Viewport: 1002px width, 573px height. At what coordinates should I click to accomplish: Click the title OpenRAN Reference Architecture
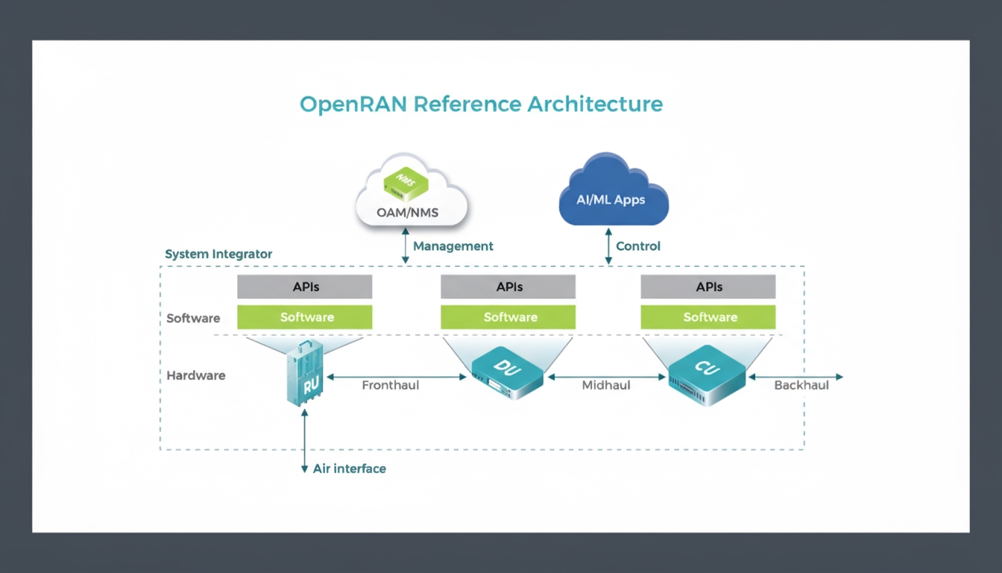481,104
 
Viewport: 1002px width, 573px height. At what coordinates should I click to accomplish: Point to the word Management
453,246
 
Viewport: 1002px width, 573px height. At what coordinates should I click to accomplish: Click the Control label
638,246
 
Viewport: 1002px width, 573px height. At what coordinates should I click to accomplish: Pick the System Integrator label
218,254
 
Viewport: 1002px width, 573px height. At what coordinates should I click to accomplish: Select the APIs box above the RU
304,286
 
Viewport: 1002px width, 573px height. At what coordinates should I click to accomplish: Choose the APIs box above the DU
508,286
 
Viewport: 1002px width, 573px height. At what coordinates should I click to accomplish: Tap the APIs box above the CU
708,286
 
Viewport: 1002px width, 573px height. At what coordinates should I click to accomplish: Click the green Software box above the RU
304,317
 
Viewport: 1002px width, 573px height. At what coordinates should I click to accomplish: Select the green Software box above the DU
508,317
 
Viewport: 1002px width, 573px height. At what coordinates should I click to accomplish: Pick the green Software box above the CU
708,317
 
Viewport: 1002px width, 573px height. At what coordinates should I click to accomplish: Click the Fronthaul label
391,386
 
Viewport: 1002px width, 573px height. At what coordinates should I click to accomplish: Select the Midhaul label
605,386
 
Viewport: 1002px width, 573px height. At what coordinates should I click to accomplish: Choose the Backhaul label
801,386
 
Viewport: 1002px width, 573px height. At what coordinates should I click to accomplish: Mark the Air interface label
350,469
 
